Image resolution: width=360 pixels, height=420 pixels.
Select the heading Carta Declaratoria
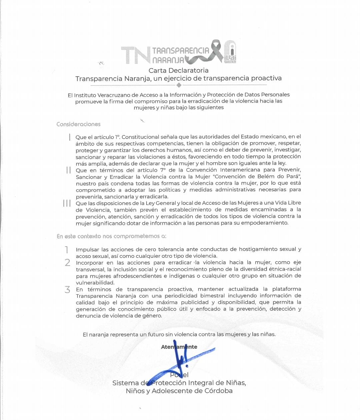(179, 70)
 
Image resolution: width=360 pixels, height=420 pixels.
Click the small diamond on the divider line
(179, 85)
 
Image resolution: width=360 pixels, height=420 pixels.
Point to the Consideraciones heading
(78, 124)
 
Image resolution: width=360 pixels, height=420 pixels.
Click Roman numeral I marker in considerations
(69, 137)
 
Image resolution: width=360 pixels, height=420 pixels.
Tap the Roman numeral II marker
(68, 170)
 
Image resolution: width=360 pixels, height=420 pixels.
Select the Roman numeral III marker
(67, 203)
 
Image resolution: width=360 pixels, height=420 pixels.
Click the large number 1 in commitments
(67, 250)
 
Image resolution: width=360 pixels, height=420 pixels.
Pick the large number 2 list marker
(68, 263)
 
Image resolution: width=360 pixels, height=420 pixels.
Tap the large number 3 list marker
(68, 289)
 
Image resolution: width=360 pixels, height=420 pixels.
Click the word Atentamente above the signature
(179, 347)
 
